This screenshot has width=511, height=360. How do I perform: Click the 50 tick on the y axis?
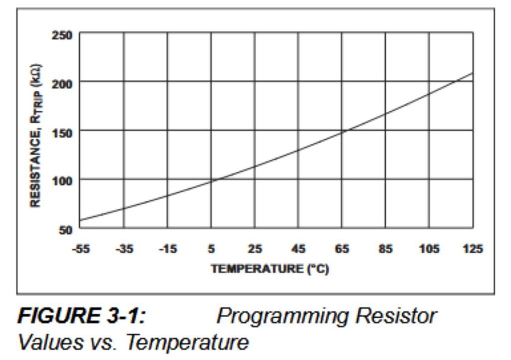65,229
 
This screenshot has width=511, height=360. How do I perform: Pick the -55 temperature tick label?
80,249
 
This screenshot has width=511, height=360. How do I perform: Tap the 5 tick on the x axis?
211,249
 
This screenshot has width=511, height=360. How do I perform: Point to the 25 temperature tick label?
255,249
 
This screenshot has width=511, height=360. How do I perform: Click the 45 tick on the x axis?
298,249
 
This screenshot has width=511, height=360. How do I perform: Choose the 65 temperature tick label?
342,249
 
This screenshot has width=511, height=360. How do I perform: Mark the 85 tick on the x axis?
385,249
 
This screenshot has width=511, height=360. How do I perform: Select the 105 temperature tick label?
429,249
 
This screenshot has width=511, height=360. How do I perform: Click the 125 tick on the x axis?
473,249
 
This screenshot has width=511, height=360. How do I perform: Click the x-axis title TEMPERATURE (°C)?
269,269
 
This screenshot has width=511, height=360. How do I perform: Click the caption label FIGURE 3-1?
85,316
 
